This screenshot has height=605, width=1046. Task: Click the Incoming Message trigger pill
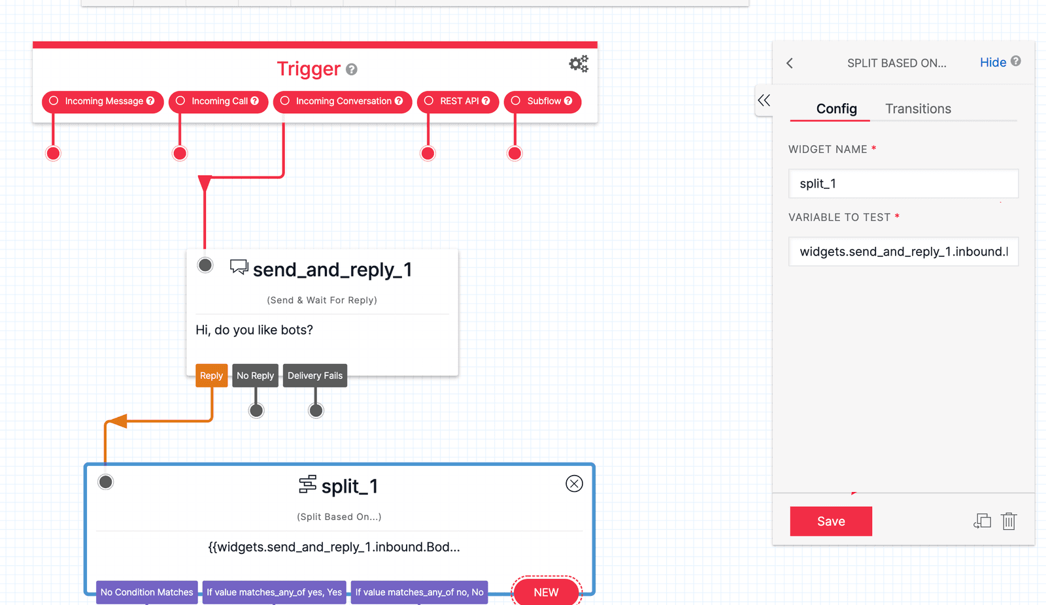(x=103, y=101)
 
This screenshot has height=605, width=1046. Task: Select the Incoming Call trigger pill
(x=218, y=101)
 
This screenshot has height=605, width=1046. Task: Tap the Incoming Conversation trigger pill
(x=343, y=101)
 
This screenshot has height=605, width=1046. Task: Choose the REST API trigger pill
(x=458, y=101)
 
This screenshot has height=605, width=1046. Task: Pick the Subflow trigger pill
(x=543, y=101)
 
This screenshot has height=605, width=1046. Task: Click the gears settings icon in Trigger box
(x=579, y=64)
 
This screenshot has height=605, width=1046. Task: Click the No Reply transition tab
(x=255, y=376)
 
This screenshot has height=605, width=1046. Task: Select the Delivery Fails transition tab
(x=315, y=376)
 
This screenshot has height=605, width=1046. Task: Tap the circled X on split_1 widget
(x=574, y=483)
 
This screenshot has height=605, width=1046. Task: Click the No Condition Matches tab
(x=146, y=592)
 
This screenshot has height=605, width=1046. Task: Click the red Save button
(x=831, y=521)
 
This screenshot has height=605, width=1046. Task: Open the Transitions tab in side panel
(x=918, y=109)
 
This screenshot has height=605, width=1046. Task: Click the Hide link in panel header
(x=992, y=63)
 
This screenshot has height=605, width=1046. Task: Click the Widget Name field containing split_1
(x=903, y=184)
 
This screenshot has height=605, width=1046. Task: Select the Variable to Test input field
(x=903, y=252)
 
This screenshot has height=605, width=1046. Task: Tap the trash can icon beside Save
(x=1009, y=521)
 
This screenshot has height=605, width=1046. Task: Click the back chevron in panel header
(x=790, y=63)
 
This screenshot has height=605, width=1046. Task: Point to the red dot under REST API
(x=428, y=154)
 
